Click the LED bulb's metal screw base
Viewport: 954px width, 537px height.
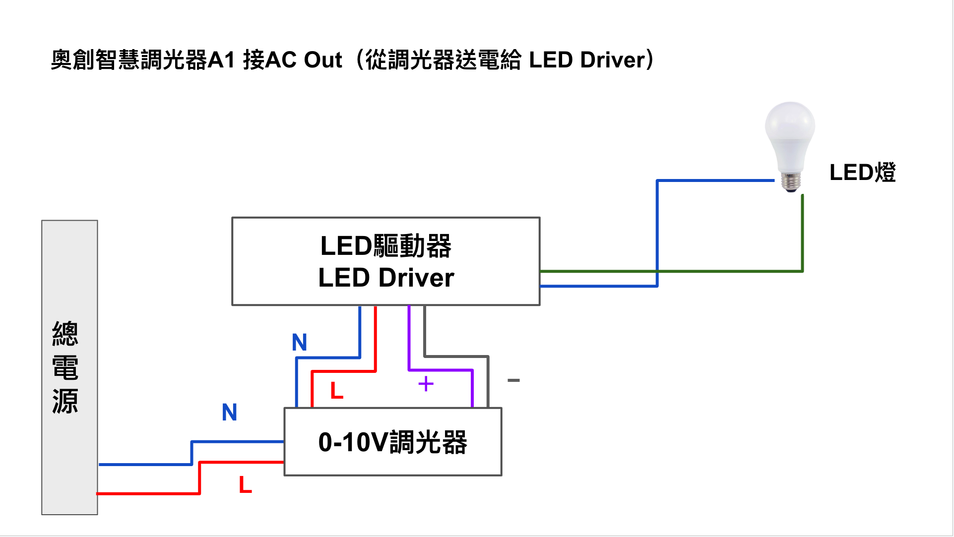tap(790, 181)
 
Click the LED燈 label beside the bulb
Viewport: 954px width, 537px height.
tap(862, 173)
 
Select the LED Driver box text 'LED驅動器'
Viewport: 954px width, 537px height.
tap(386, 246)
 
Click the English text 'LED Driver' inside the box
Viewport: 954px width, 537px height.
tap(386, 278)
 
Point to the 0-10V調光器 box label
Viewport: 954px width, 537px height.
tap(392, 442)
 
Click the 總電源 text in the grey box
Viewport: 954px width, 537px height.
tap(65, 367)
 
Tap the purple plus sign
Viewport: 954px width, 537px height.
tap(426, 384)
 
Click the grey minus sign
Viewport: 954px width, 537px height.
tap(513, 380)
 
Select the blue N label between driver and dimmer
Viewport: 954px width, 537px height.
tap(300, 342)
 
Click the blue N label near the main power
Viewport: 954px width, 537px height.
tap(230, 412)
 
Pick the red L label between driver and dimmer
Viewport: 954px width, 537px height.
tap(337, 391)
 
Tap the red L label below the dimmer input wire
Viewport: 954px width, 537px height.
tap(246, 484)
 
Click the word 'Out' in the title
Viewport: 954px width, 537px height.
tap(323, 60)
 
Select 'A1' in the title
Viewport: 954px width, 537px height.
tap(221, 60)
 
